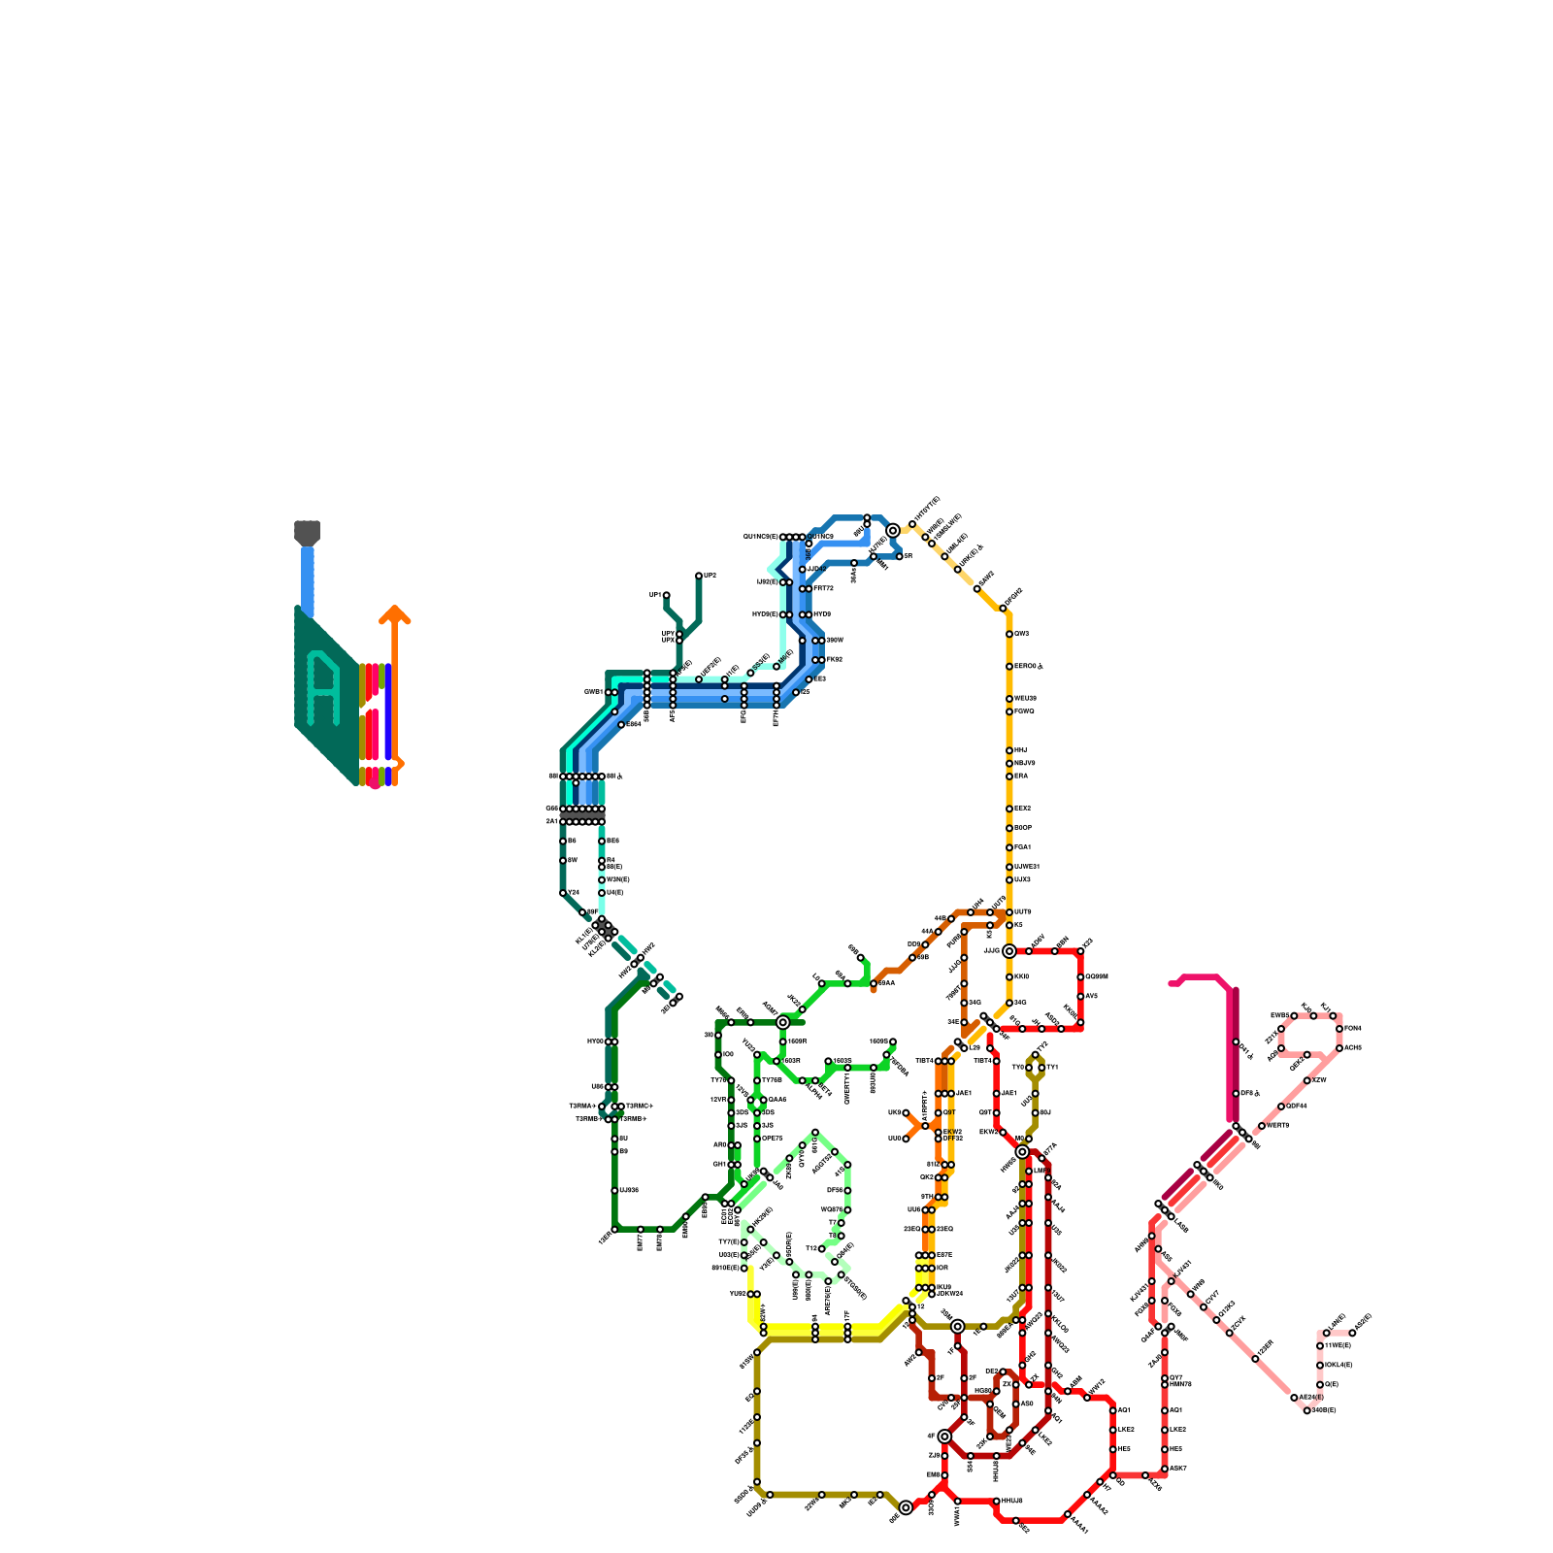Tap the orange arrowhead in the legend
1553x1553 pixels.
[394, 613]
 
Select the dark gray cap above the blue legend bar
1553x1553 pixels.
[307, 532]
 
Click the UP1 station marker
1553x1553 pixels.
[666, 595]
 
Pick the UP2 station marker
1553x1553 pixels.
[698, 576]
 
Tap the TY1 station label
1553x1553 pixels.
[1052, 1068]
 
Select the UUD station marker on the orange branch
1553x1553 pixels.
[906, 1139]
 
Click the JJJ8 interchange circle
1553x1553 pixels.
[1008, 951]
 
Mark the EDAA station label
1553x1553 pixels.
[886, 983]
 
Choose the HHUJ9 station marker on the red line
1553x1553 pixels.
[996, 1502]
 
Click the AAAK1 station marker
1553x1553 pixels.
[1067, 1514]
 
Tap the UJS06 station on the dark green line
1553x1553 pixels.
[614, 1190]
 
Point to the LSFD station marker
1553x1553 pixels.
[1326, 1333]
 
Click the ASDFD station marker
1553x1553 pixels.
[1352, 1333]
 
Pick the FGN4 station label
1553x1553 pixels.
[1352, 1029]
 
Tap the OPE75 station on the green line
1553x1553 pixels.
[757, 1139]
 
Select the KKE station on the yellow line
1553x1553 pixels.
[1009, 976]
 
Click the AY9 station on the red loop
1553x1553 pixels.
[1080, 996]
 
